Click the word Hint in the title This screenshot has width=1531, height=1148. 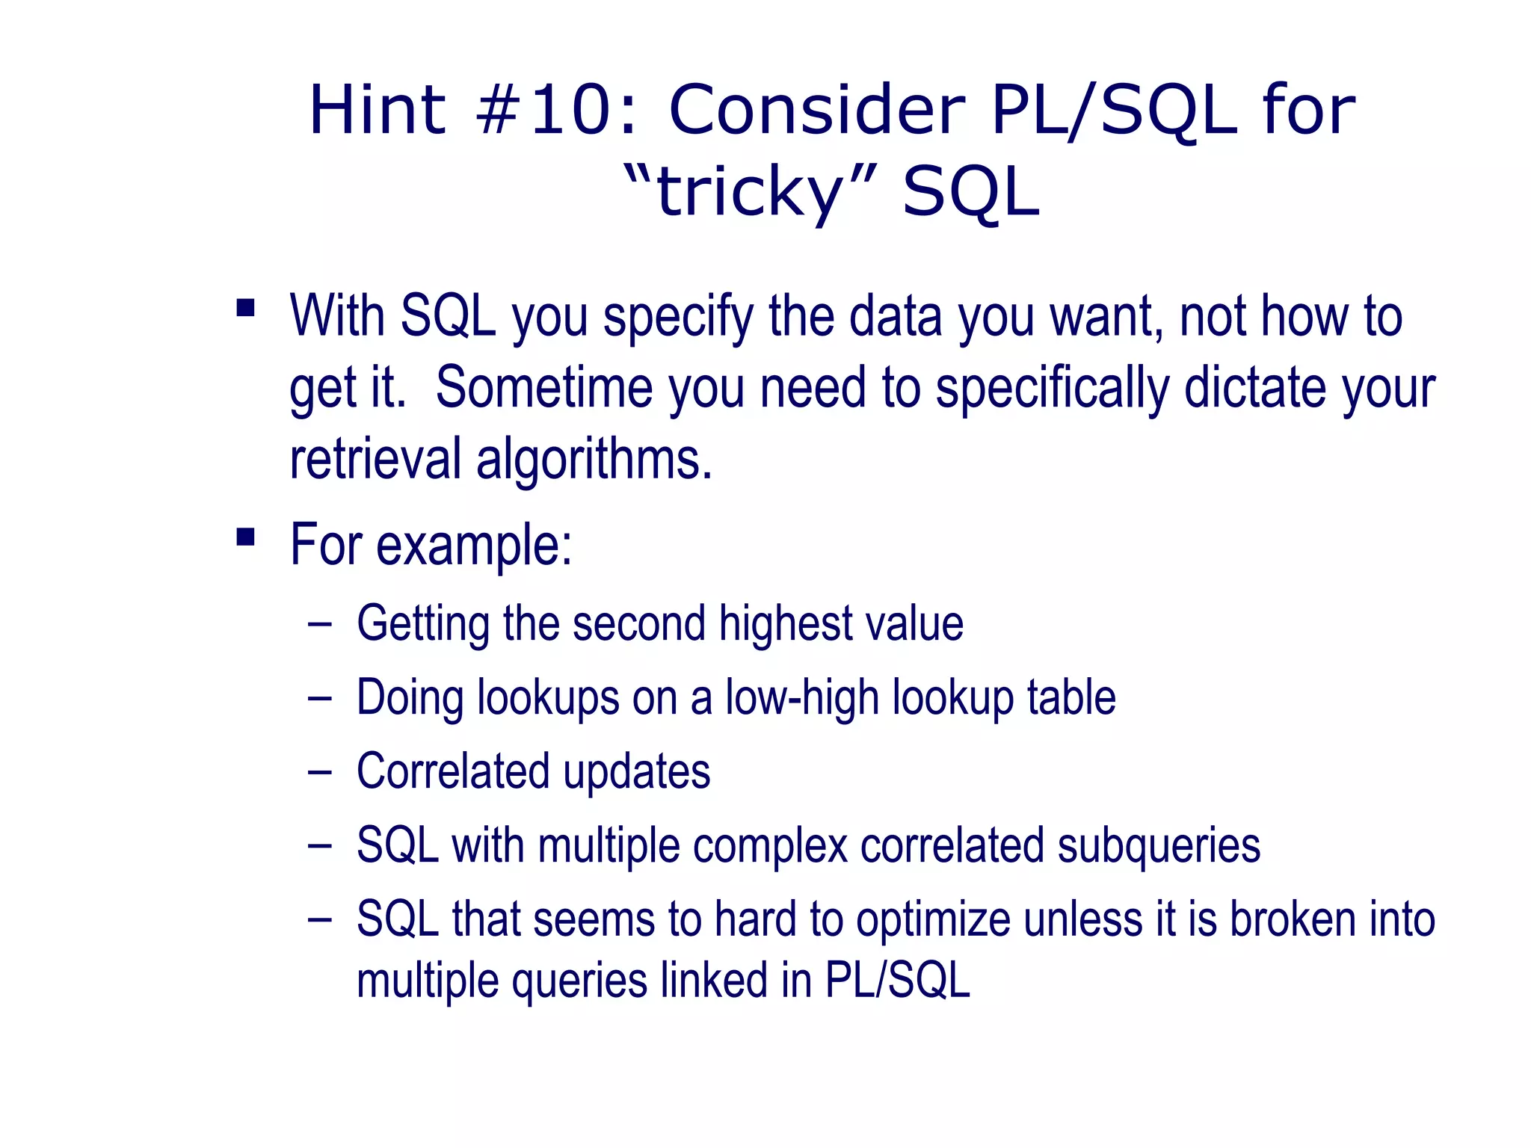tap(378, 110)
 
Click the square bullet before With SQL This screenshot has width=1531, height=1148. tap(245, 308)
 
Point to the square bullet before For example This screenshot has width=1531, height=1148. tap(245, 537)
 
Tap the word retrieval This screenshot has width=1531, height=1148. tap(375, 458)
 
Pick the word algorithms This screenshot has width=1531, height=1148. tap(594, 460)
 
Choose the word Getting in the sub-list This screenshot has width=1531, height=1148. tap(423, 624)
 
